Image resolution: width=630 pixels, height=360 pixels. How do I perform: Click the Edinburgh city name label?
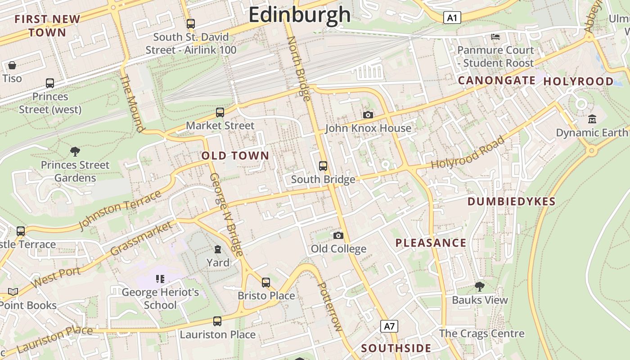(x=299, y=14)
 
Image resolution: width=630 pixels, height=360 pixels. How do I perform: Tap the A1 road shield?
(x=452, y=18)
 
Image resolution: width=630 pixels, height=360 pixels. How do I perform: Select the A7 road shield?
(x=390, y=326)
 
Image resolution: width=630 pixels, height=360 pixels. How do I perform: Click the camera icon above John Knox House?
(x=368, y=115)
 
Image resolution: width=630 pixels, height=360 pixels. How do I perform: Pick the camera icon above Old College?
(x=338, y=235)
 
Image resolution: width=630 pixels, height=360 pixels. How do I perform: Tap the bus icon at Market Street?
(x=220, y=112)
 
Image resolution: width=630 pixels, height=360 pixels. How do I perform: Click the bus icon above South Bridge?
(x=323, y=166)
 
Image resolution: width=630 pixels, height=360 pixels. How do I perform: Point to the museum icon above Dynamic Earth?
(x=592, y=119)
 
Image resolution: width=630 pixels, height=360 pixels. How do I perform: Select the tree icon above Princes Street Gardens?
(x=75, y=152)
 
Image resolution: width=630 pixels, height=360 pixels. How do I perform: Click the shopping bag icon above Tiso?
(x=12, y=65)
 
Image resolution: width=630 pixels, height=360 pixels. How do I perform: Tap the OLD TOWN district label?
(x=235, y=156)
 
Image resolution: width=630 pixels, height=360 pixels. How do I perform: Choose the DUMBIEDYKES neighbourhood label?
(x=512, y=202)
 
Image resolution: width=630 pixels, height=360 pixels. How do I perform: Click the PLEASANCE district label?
(x=431, y=243)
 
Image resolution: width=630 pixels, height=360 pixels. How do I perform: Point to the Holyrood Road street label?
(x=468, y=153)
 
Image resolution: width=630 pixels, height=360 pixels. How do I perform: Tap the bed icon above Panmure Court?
(x=495, y=36)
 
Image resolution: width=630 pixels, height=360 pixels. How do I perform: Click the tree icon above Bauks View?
(x=480, y=286)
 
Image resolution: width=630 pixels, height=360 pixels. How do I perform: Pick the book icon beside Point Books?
(x=13, y=292)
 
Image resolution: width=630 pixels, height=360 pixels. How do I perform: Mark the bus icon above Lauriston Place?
(x=217, y=321)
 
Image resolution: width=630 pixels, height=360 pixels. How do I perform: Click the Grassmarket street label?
(x=141, y=239)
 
